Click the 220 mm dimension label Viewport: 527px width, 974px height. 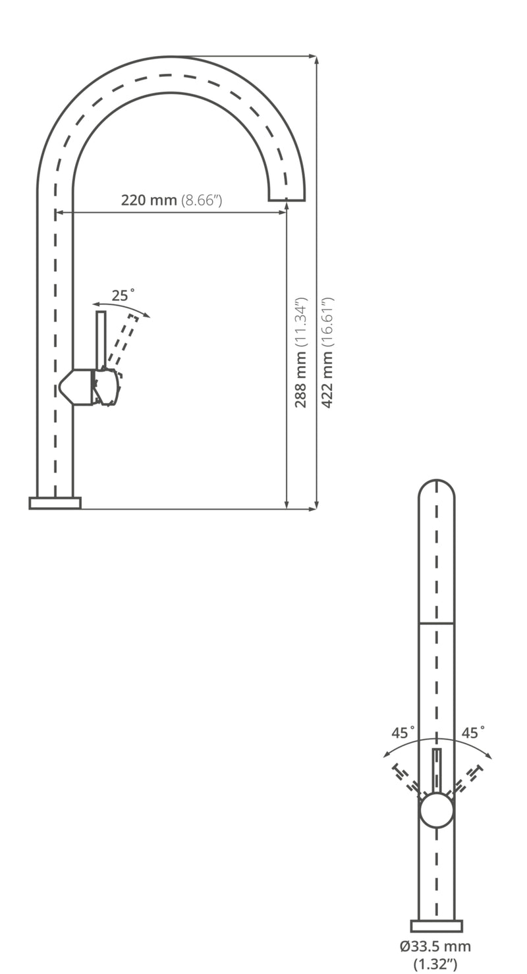point(149,200)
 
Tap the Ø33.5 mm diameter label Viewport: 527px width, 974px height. point(435,946)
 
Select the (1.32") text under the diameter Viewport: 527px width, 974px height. point(435,964)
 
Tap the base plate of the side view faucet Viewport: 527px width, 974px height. point(55,503)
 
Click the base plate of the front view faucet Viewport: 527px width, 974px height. point(436,925)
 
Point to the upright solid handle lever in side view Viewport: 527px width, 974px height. point(101,339)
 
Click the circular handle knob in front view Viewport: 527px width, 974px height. point(436,810)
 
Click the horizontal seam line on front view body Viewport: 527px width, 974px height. point(436,623)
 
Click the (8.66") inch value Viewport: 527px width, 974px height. point(202,200)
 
